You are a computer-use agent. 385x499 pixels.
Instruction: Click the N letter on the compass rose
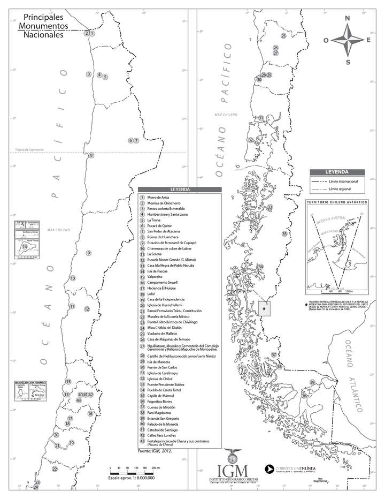point(347,18)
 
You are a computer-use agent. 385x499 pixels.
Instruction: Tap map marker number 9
point(88,253)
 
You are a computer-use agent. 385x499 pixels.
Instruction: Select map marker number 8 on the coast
point(91,155)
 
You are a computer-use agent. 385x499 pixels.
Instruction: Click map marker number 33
point(270,207)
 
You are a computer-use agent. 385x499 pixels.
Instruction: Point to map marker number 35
point(284,234)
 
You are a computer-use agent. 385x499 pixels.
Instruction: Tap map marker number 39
point(312,382)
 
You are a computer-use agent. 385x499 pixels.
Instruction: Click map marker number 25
point(283,36)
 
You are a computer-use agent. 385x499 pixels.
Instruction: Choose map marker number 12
point(87,309)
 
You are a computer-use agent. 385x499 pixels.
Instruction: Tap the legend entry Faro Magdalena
point(162,413)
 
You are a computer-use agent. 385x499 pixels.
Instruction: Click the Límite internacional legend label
point(344,182)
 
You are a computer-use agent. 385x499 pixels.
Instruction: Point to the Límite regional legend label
point(340,190)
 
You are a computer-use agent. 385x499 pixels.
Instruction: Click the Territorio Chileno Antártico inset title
point(336,202)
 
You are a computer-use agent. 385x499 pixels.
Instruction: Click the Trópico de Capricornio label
point(29,150)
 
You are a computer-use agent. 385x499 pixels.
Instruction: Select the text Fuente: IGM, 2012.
point(156,451)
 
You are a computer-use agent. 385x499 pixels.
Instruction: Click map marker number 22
point(55,469)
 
